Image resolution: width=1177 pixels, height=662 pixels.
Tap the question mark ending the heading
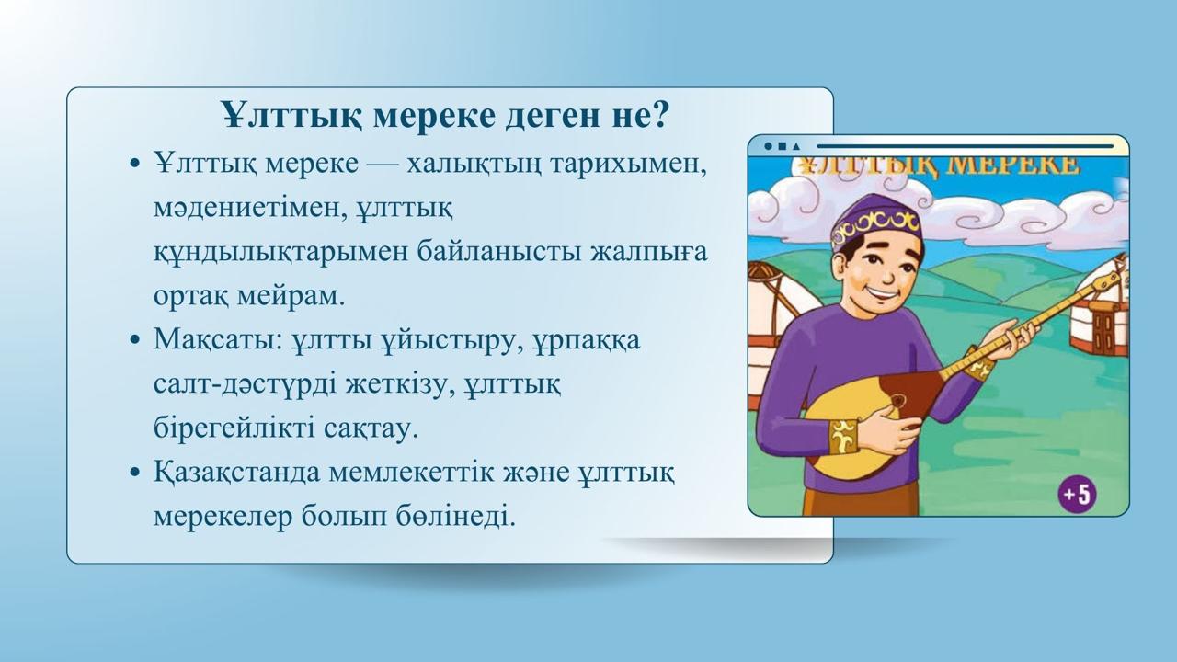pyautogui.click(x=659, y=115)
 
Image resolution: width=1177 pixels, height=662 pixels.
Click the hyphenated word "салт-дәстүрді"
pyautogui.click(x=245, y=385)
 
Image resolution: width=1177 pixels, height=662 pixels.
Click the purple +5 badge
pyautogui.click(x=1077, y=495)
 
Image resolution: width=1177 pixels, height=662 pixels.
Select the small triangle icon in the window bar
pyautogui.click(x=796, y=145)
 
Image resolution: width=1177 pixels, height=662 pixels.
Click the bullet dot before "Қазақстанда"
pyautogui.click(x=134, y=473)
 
